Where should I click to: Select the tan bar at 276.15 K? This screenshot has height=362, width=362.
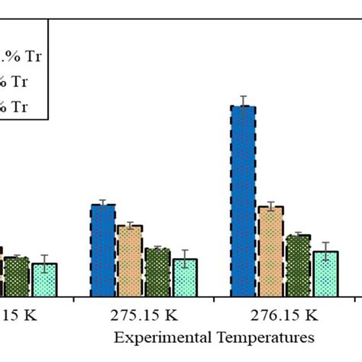click(270, 251)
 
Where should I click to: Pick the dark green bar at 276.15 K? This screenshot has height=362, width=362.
click(298, 265)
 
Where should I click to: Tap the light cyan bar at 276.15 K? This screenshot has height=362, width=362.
click(325, 273)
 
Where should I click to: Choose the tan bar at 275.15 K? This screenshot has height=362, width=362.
click(130, 260)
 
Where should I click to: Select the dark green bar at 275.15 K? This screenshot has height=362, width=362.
click(157, 272)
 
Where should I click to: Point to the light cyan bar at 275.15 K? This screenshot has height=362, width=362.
click(185, 277)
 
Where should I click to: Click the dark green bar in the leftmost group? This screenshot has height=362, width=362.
click(17, 276)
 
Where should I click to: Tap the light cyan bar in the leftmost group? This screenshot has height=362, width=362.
click(44, 280)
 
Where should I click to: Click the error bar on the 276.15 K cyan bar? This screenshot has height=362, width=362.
click(325, 251)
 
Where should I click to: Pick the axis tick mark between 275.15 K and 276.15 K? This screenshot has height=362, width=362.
click(214, 299)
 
